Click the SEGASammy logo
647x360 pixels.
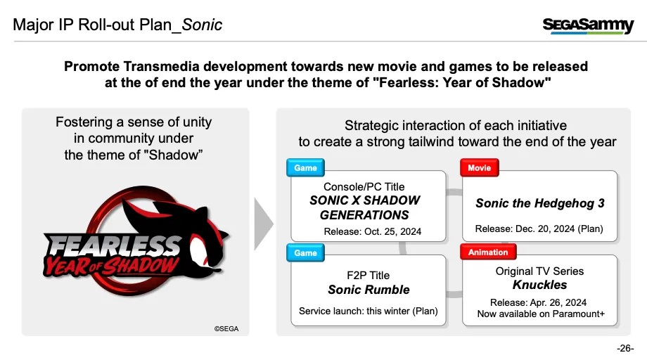tap(588, 25)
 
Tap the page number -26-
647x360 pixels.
tap(625, 348)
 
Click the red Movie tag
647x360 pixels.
tap(480, 168)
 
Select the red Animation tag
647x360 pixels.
tap(488, 252)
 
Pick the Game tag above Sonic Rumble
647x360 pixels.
tap(305, 253)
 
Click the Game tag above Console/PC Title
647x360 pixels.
tap(305, 168)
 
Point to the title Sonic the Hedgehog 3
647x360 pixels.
tap(539, 203)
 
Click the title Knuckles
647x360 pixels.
tap(539, 285)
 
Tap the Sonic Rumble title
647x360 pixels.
tap(369, 290)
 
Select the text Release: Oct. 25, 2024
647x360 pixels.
tap(372, 231)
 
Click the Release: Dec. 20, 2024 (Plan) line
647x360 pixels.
tap(539, 229)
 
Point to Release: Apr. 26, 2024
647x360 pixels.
tap(538, 302)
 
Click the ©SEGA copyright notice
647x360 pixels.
tap(226, 328)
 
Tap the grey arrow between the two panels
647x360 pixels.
tap(264, 224)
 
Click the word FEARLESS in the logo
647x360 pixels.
tap(113, 246)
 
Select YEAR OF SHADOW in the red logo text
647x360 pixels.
tap(111, 266)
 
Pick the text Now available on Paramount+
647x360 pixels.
tap(541, 314)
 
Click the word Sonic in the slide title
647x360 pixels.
tap(202, 25)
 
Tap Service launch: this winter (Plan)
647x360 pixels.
tap(368, 311)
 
